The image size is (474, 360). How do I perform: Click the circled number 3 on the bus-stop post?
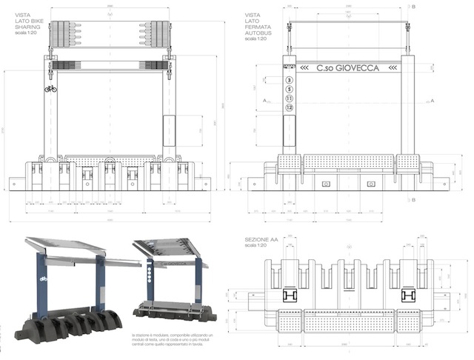point(290,79)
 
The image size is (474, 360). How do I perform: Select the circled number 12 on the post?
point(290,108)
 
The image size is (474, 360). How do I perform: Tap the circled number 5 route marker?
point(290,88)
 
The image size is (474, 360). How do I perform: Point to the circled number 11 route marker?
point(290,98)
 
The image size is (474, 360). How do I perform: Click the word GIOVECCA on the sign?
point(358,68)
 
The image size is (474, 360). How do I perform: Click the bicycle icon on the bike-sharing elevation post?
point(50,89)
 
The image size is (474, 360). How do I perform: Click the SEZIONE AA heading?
point(264,241)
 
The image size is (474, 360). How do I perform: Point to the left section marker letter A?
point(264,100)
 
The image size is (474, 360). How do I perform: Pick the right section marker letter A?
point(431,100)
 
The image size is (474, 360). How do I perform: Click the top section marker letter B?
point(414,7)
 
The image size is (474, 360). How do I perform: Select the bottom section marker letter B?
point(414,199)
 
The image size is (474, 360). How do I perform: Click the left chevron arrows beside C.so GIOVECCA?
point(304,68)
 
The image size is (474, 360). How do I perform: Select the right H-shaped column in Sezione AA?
point(407,295)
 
